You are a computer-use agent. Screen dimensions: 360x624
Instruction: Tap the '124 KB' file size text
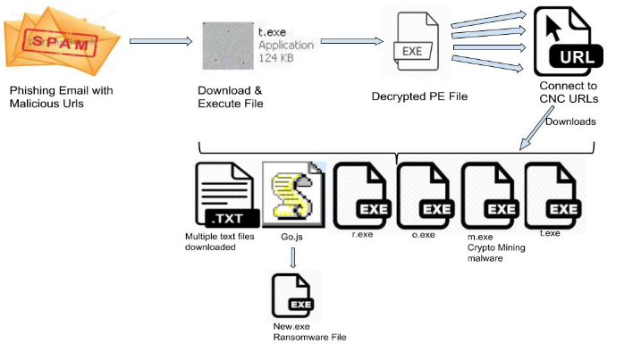(274, 58)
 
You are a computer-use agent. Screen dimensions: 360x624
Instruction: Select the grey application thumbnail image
(228, 46)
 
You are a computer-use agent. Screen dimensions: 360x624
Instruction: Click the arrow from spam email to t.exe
(162, 41)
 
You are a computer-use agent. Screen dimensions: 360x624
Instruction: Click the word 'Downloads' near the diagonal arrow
(569, 121)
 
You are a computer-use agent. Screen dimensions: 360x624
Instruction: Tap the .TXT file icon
(226, 195)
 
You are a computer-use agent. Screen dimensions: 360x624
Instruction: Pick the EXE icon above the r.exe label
(360, 195)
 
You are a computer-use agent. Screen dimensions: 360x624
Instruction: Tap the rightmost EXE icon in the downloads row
(552, 195)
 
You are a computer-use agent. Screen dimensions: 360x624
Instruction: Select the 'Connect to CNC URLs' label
(569, 91)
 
